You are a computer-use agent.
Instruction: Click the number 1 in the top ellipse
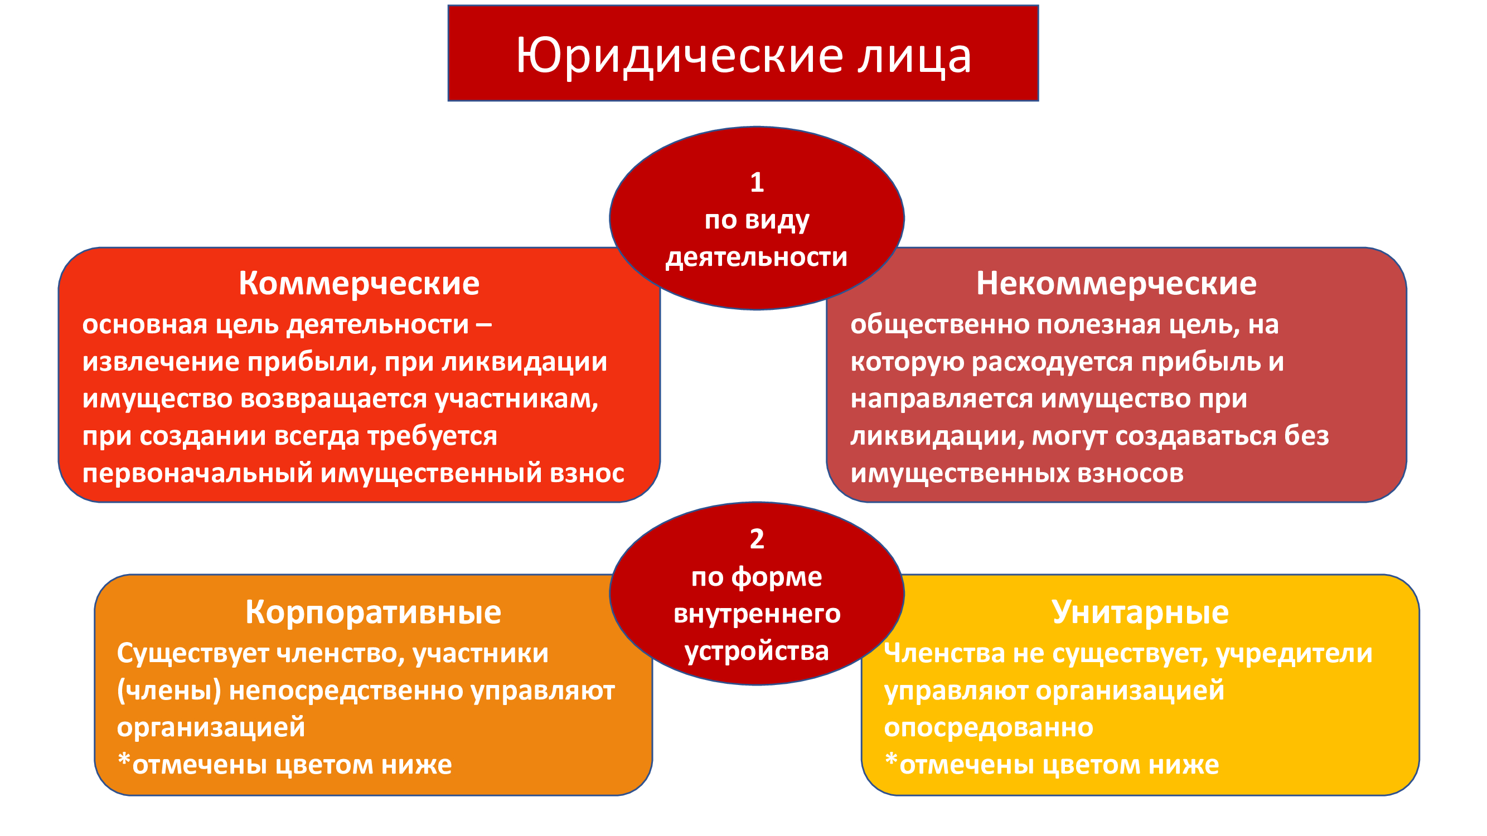click(757, 182)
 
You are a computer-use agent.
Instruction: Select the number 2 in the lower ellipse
click(757, 539)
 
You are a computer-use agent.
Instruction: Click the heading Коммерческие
click(359, 284)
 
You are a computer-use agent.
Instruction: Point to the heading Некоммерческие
click(1116, 284)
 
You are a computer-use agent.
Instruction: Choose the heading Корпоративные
click(373, 613)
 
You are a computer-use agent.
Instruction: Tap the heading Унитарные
click(1140, 613)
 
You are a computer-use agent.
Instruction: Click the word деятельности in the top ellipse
click(756, 257)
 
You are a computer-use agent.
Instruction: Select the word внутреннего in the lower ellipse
click(757, 614)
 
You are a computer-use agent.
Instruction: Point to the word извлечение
click(161, 362)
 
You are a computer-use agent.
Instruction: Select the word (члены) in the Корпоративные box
click(169, 691)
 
